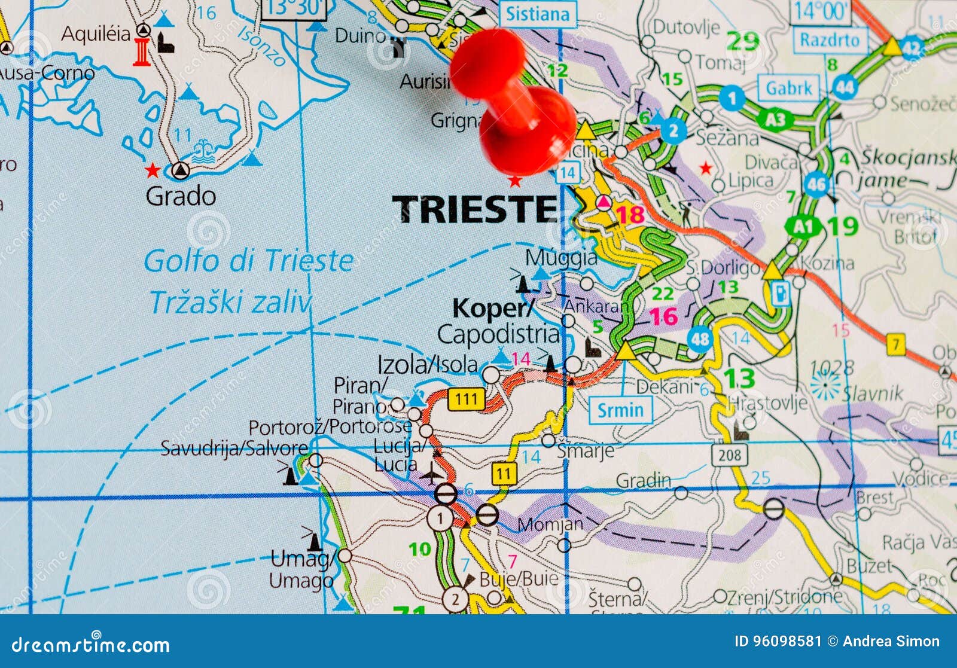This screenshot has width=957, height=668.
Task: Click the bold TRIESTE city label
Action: [x=474, y=209]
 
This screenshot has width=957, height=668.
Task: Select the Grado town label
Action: [x=181, y=196]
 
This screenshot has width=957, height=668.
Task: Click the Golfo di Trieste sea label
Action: [x=248, y=261]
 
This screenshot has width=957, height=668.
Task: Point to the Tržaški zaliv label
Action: [x=230, y=303]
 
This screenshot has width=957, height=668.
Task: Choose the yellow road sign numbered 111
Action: [x=466, y=399]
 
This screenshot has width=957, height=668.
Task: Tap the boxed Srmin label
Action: [x=620, y=410]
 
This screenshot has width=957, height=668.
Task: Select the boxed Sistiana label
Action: [x=538, y=14]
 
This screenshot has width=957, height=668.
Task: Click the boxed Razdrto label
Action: [x=830, y=40]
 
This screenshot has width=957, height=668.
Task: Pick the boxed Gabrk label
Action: [x=789, y=89]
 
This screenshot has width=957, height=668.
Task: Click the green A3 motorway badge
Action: [x=775, y=120]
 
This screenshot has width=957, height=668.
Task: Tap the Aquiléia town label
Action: [x=96, y=33]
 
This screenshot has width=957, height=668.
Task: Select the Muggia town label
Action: [x=561, y=258]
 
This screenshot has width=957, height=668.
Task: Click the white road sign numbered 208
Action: [x=730, y=455]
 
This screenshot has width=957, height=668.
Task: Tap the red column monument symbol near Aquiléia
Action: [x=142, y=52]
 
